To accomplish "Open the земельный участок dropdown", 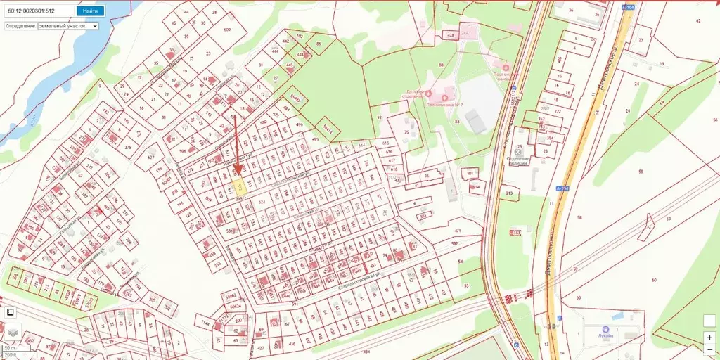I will click(x=68, y=25).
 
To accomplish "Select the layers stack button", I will click(x=13, y=331).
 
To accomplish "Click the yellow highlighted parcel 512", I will click(x=239, y=186).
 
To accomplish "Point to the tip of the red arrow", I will click(x=238, y=173).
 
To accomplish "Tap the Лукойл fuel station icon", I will click(x=604, y=328).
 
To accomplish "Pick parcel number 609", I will click(x=227, y=30).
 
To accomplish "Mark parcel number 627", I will click(x=150, y=157).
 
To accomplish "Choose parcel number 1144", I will click(x=206, y=323).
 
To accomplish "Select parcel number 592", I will click(x=454, y=244).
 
